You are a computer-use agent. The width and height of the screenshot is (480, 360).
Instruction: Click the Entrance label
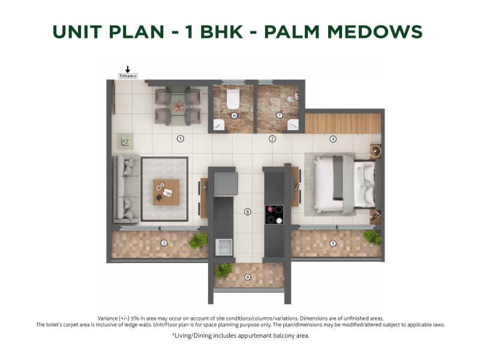coord(128,76)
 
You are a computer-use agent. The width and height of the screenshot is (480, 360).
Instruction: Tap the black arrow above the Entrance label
coord(128,69)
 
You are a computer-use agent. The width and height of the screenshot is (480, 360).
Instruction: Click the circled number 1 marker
coord(181,139)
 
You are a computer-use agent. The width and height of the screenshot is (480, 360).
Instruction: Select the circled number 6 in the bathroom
coord(234,115)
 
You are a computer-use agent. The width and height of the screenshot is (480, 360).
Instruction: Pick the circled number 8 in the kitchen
coord(247,212)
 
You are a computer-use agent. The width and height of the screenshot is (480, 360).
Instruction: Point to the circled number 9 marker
coord(247,277)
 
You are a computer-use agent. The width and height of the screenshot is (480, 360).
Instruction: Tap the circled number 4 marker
coord(333,139)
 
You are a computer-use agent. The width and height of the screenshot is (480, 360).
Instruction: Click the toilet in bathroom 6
coord(233,98)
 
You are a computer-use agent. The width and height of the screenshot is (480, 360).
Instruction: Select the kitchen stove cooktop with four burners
coord(274,215)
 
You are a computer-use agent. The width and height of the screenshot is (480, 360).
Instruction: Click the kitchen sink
coord(224,247)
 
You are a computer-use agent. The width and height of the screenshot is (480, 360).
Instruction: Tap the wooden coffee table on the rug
coord(166,192)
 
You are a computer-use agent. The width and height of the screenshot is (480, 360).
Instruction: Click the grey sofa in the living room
coord(127,189)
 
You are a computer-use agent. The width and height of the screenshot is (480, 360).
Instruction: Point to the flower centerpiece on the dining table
coord(178,107)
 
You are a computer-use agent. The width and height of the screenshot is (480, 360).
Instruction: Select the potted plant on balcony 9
coord(223,271)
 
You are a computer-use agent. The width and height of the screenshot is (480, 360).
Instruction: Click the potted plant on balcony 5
coord(372,237)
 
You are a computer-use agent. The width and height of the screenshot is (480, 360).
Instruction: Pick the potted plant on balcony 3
coord(198,241)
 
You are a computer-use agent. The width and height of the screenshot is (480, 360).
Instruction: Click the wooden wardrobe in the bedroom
coord(343,124)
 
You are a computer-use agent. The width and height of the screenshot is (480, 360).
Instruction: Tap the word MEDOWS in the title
coord(374,32)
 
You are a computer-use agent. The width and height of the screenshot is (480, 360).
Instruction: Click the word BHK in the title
coord(221,32)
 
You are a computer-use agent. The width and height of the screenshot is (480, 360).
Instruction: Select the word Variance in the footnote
coord(108,319)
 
